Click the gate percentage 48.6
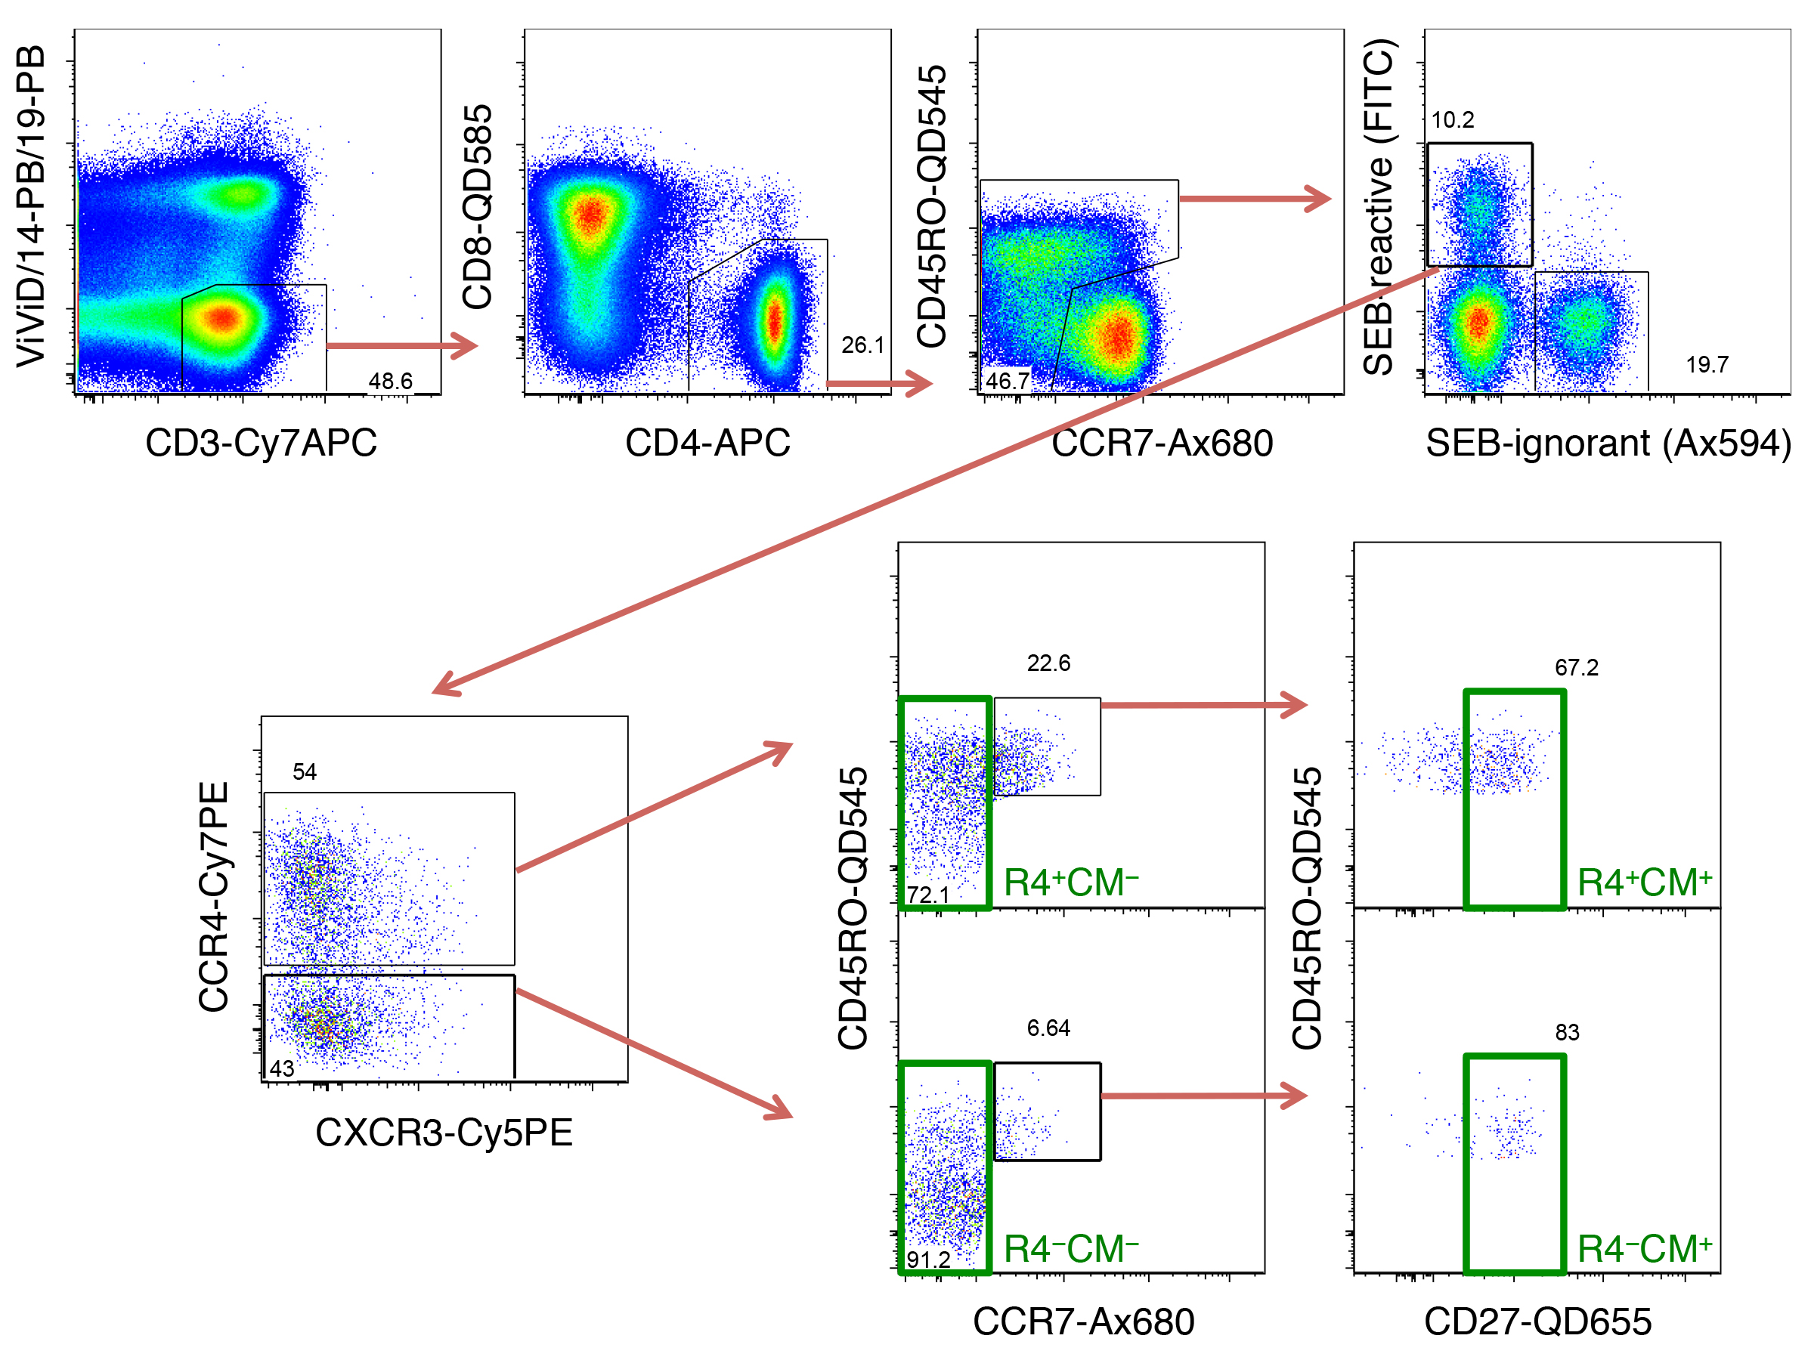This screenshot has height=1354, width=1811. click(x=391, y=381)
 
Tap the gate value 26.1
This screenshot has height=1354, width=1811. click(x=863, y=345)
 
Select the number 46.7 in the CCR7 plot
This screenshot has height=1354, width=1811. click(x=1007, y=381)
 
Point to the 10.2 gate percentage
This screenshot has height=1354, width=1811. click(x=1453, y=119)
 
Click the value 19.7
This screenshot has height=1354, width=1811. click(x=1707, y=364)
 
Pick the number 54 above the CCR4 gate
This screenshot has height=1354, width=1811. click(x=305, y=771)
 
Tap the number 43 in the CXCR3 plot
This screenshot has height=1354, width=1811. click(x=282, y=1068)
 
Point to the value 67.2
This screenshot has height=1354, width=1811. click(x=1576, y=667)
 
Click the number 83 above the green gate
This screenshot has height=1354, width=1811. click(x=1567, y=1032)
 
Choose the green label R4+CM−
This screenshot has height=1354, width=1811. click(x=1071, y=883)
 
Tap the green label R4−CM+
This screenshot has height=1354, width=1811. click(x=1644, y=1249)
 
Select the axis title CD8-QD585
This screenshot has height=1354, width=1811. click(x=477, y=206)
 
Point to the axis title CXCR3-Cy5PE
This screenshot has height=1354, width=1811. click(x=444, y=1133)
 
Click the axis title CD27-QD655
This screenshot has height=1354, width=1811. click(x=1537, y=1322)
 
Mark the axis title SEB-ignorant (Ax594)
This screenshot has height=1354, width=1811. click(x=1608, y=443)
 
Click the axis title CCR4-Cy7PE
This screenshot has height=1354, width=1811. click(x=214, y=896)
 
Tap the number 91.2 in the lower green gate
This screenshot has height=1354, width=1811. click(x=927, y=1259)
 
